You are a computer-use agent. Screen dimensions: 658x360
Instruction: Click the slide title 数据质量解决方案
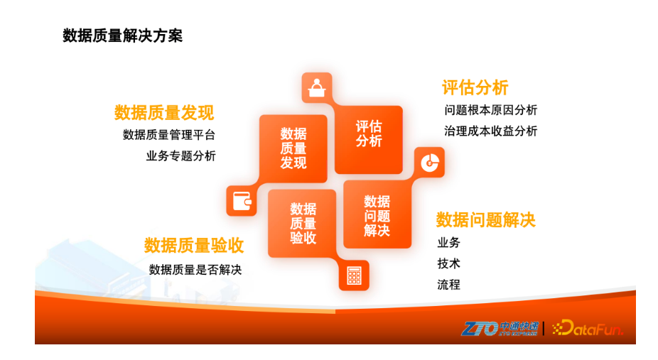tap(122, 36)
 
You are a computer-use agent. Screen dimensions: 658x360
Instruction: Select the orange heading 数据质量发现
tap(164, 113)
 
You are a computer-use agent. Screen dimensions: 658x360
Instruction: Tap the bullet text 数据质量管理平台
tap(169, 135)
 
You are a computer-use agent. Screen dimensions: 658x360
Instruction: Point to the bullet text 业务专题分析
tap(181, 156)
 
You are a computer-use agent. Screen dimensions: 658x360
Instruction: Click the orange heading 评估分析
tap(475, 87)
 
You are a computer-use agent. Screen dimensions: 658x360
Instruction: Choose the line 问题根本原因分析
tap(490, 110)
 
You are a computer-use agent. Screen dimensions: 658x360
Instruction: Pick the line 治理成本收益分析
tap(490, 131)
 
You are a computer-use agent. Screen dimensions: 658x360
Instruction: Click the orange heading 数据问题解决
tap(485, 220)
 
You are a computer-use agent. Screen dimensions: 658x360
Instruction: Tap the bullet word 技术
tap(448, 263)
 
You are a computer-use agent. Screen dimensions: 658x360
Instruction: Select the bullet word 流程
tap(448, 285)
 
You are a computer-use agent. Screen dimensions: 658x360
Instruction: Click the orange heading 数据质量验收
tap(194, 246)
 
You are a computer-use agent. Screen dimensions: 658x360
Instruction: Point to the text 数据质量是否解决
tap(195, 270)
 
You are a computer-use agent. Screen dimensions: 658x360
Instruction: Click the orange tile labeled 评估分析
tap(369, 140)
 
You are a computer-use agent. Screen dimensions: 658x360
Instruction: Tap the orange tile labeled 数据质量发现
tap(293, 148)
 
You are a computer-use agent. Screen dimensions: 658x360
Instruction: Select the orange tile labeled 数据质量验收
tap(302, 224)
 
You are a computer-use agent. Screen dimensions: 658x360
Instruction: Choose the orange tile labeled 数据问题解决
tap(377, 214)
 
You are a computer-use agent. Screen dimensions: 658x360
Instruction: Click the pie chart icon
tap(430, 163)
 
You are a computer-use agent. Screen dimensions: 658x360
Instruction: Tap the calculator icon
tap(354, 276)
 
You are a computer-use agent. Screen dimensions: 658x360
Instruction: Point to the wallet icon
tap(242, 201)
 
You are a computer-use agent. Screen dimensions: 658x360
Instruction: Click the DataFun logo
tap(588, 328)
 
